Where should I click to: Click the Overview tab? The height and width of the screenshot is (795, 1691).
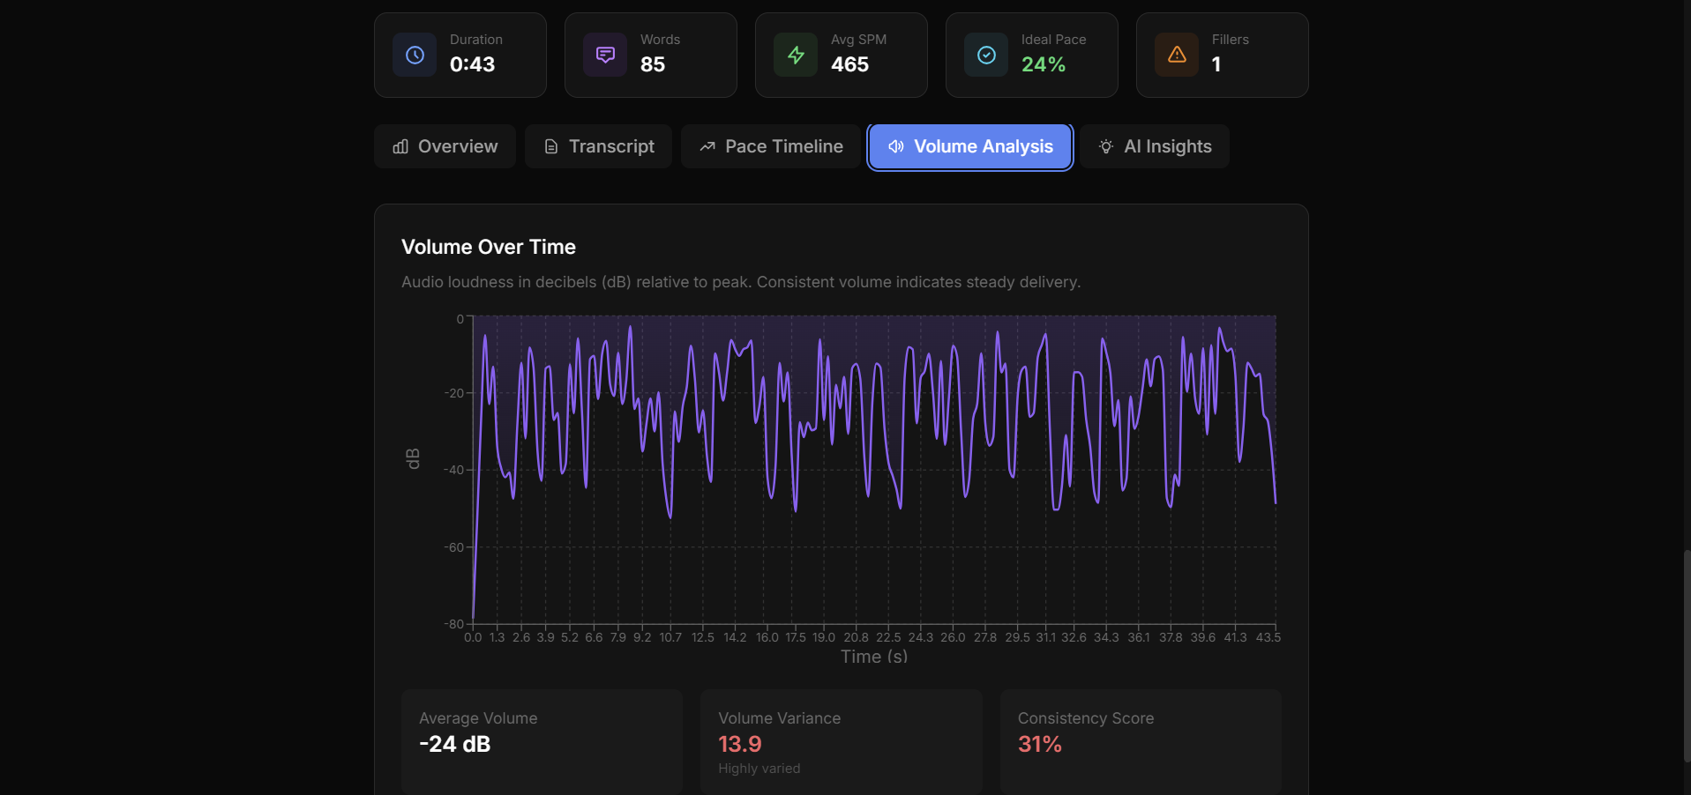(445, 146)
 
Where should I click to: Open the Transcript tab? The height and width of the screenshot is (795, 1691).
(599, 146)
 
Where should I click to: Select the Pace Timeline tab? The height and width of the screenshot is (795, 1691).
(771, 146)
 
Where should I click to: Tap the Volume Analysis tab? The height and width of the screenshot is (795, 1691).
(970, 146)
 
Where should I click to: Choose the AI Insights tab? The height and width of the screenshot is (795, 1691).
(1155, 146)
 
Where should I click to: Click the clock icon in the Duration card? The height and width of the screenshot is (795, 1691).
(415, 55)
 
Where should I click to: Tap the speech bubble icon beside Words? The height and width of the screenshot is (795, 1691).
(605, 55)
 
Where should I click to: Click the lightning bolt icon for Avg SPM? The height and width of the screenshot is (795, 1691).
(796, 55)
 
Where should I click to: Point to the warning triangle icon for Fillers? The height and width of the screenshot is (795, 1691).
(1177, 55)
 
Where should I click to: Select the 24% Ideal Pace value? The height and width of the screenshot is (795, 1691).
(1044, 64)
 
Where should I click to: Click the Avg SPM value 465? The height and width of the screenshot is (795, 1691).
(849, 64)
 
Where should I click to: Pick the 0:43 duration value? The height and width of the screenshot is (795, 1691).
(472, 64)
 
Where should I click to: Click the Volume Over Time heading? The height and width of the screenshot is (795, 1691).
(489, 247)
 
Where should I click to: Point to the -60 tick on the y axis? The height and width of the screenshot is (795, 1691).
(453, 547)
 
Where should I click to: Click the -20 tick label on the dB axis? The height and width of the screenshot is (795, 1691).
(453, 393)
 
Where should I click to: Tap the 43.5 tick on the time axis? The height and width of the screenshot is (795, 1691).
(1268, 637)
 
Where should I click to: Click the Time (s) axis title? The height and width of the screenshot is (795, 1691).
(874, 657)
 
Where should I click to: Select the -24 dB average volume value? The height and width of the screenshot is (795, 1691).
(454, 744)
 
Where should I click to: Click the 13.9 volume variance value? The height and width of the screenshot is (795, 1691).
(740, 744)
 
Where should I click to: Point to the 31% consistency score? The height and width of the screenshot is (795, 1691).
(1040, 744)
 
